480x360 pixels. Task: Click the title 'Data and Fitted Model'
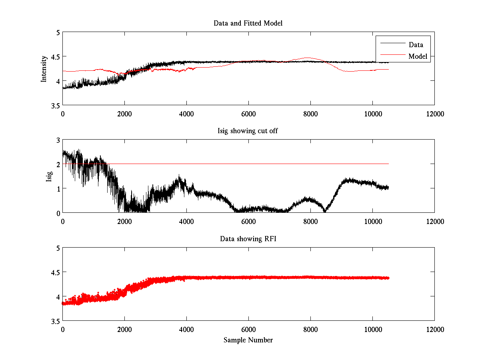pyautogui.click(x=248, y=23)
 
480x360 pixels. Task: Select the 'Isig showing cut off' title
pyautogui.click(x=248, y=131)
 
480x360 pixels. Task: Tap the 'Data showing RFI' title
pyautogui.click(x=248, y=239)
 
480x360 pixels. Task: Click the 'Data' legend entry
pyautogui.click(x=416, y=45)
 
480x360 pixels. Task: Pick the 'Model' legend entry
pyautogui.click(x=418, y=56)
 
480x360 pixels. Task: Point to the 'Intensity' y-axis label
pyautogui.click(x=44, y=69)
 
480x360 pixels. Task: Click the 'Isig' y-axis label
pyautogui.click(x=49, y=176)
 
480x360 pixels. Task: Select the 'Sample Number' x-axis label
pyautogui.click(x=248, y=340)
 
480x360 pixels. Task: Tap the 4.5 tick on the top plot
pyautogui.click(x=54, y=56)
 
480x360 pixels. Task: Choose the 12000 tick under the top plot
pyautogui.click(x=434, y=114)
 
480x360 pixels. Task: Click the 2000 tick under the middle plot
pyautogui.click(x=124, y=221)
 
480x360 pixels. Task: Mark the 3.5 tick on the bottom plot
pyautogui.click(x=54, y=321)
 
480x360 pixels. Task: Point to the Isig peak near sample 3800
pyautogui.click(x=180, y=176)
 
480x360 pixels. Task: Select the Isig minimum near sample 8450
pyautogui.click(x=325, y=211)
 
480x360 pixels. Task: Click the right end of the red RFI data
pyautogui.click(x=388, y=278)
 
